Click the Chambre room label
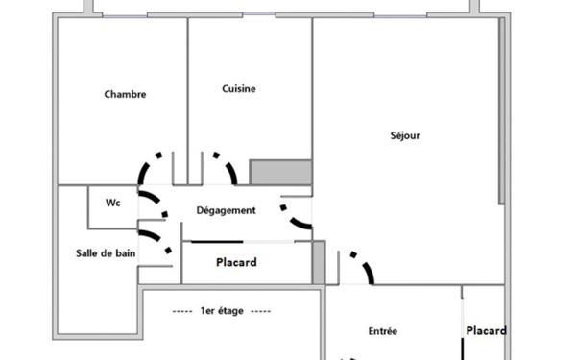pyautogui.click(x=125, y=94)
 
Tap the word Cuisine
pyautogui.click(x=239, y=89)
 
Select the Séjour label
pyautogui.click(x=406, y=135)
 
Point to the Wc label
pyautogui.click(x=112, y=203)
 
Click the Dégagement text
pyautogui.click(x=226, y=210)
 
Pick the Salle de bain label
pyautogui.click(x=106, y=252)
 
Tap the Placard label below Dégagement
pyautogui.click(x=236, y=262)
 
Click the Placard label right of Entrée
pyautogui.click(x=487, y=331)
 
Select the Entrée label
pyautogui.click(x=383, y=331)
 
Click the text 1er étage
pyautogui.click(x=222, y=311)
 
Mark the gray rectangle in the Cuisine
pyautogui.click(x=280, y=172)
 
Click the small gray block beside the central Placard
pyautogui.click(x=319, y=262)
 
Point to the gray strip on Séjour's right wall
pyautogui.click(x=501, y=115)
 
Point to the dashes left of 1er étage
pyautogui.click(x=182, y=311)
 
